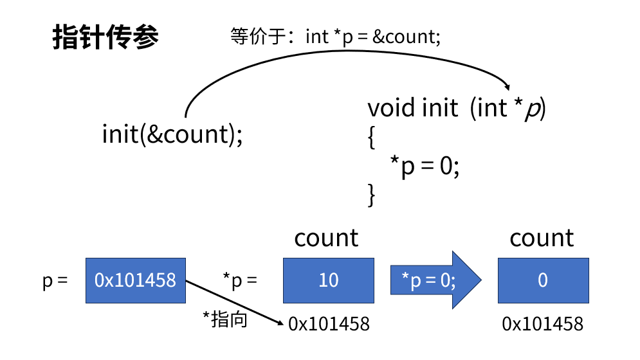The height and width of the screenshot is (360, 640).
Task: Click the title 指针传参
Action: point(105,37)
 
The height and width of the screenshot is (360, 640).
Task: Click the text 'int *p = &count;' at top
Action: point(373,37)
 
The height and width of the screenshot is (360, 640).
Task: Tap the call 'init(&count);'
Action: point(172,134)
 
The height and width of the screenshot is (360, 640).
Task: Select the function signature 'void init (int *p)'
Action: point(456,108)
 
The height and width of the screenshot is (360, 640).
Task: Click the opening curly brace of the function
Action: point(371,138)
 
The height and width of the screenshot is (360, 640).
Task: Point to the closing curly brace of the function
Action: point(371,195)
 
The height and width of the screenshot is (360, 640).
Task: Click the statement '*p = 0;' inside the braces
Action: point(425,166)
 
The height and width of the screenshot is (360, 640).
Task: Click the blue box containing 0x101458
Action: point(136,280)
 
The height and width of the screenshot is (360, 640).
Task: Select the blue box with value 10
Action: point(329,280)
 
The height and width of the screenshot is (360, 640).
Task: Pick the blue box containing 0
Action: point(544,280)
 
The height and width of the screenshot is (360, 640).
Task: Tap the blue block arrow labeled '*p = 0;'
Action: point(436,280)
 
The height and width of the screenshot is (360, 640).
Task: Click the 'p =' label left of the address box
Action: point(55,281)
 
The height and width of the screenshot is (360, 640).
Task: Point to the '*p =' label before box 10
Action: point(240,280)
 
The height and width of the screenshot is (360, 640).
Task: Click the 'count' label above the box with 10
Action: point(326,238)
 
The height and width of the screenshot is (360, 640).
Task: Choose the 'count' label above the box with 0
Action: point(542,238)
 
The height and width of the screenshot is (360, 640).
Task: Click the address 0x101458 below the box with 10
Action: point(329,324)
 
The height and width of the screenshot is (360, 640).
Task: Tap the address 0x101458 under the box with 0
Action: point(543,324)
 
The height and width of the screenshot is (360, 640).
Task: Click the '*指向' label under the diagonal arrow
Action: point(225,319)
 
